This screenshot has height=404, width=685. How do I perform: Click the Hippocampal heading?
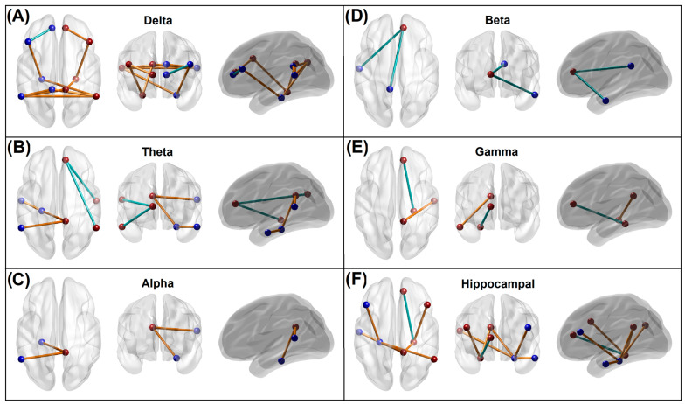point(505,284)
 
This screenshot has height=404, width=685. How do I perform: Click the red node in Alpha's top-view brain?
point(66,352)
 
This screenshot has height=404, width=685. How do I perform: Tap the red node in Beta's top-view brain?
point(405,27)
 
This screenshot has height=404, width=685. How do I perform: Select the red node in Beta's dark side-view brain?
point(572,72)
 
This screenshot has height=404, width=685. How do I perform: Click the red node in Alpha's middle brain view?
point(153,329)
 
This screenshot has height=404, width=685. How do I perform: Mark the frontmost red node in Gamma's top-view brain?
point(404,160)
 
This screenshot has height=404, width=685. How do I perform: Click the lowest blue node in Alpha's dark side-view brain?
point(281,360)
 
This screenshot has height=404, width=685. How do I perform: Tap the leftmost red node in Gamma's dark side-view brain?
point(572,205)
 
